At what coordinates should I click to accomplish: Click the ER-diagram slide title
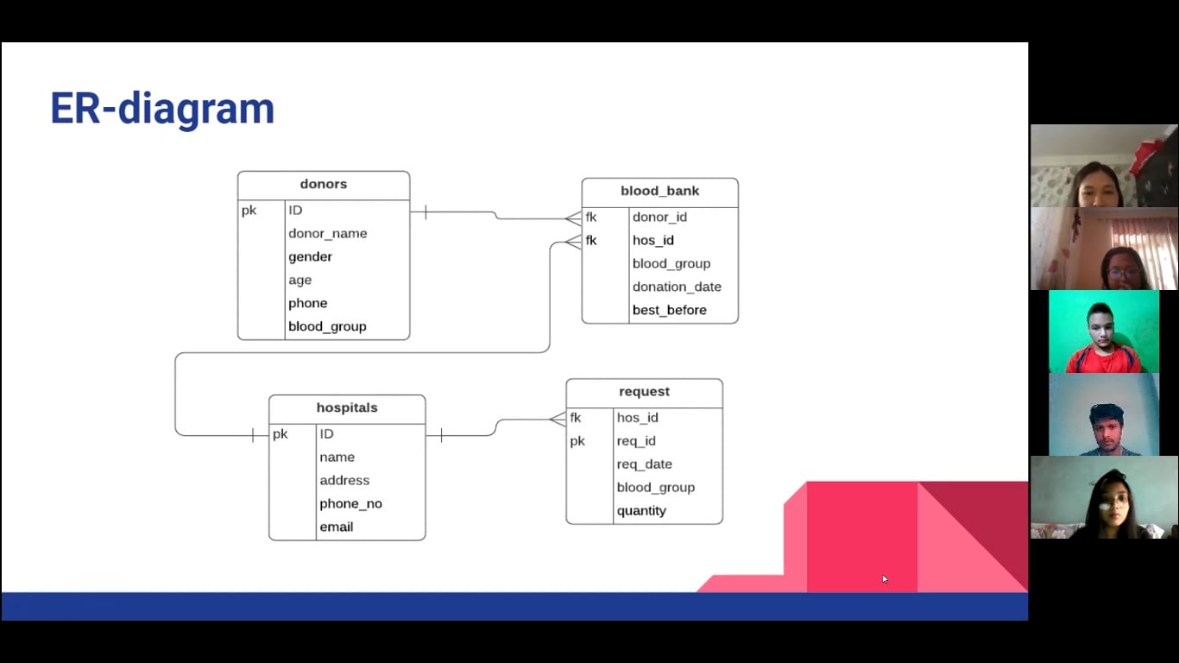point(162,109)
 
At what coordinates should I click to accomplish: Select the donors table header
point(323,184)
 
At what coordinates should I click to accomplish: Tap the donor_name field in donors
point(327,233)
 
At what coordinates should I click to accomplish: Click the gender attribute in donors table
point(310,256)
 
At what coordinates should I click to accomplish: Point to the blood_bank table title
point(659,191)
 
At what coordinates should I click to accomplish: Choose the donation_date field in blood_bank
point(677,287)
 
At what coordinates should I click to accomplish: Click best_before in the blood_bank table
point(670,310)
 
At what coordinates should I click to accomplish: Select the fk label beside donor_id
point(591,217)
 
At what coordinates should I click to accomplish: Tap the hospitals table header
point(347,407)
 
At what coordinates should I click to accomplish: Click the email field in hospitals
point(336,527)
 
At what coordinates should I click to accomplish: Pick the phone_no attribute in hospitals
point(350,503)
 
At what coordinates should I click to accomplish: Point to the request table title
point(644,391)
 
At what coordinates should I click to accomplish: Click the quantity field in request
point(641,510)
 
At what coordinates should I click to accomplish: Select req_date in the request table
point(644,464)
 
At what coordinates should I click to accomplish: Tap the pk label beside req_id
point(577,441)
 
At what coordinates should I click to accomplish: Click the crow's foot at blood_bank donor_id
point(574,218)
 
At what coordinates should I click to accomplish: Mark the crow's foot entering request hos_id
point(558,420)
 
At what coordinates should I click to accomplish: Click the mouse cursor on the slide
point(885,579)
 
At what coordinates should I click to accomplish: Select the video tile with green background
point(1103,331)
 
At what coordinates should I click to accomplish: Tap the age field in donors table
point(299,281)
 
